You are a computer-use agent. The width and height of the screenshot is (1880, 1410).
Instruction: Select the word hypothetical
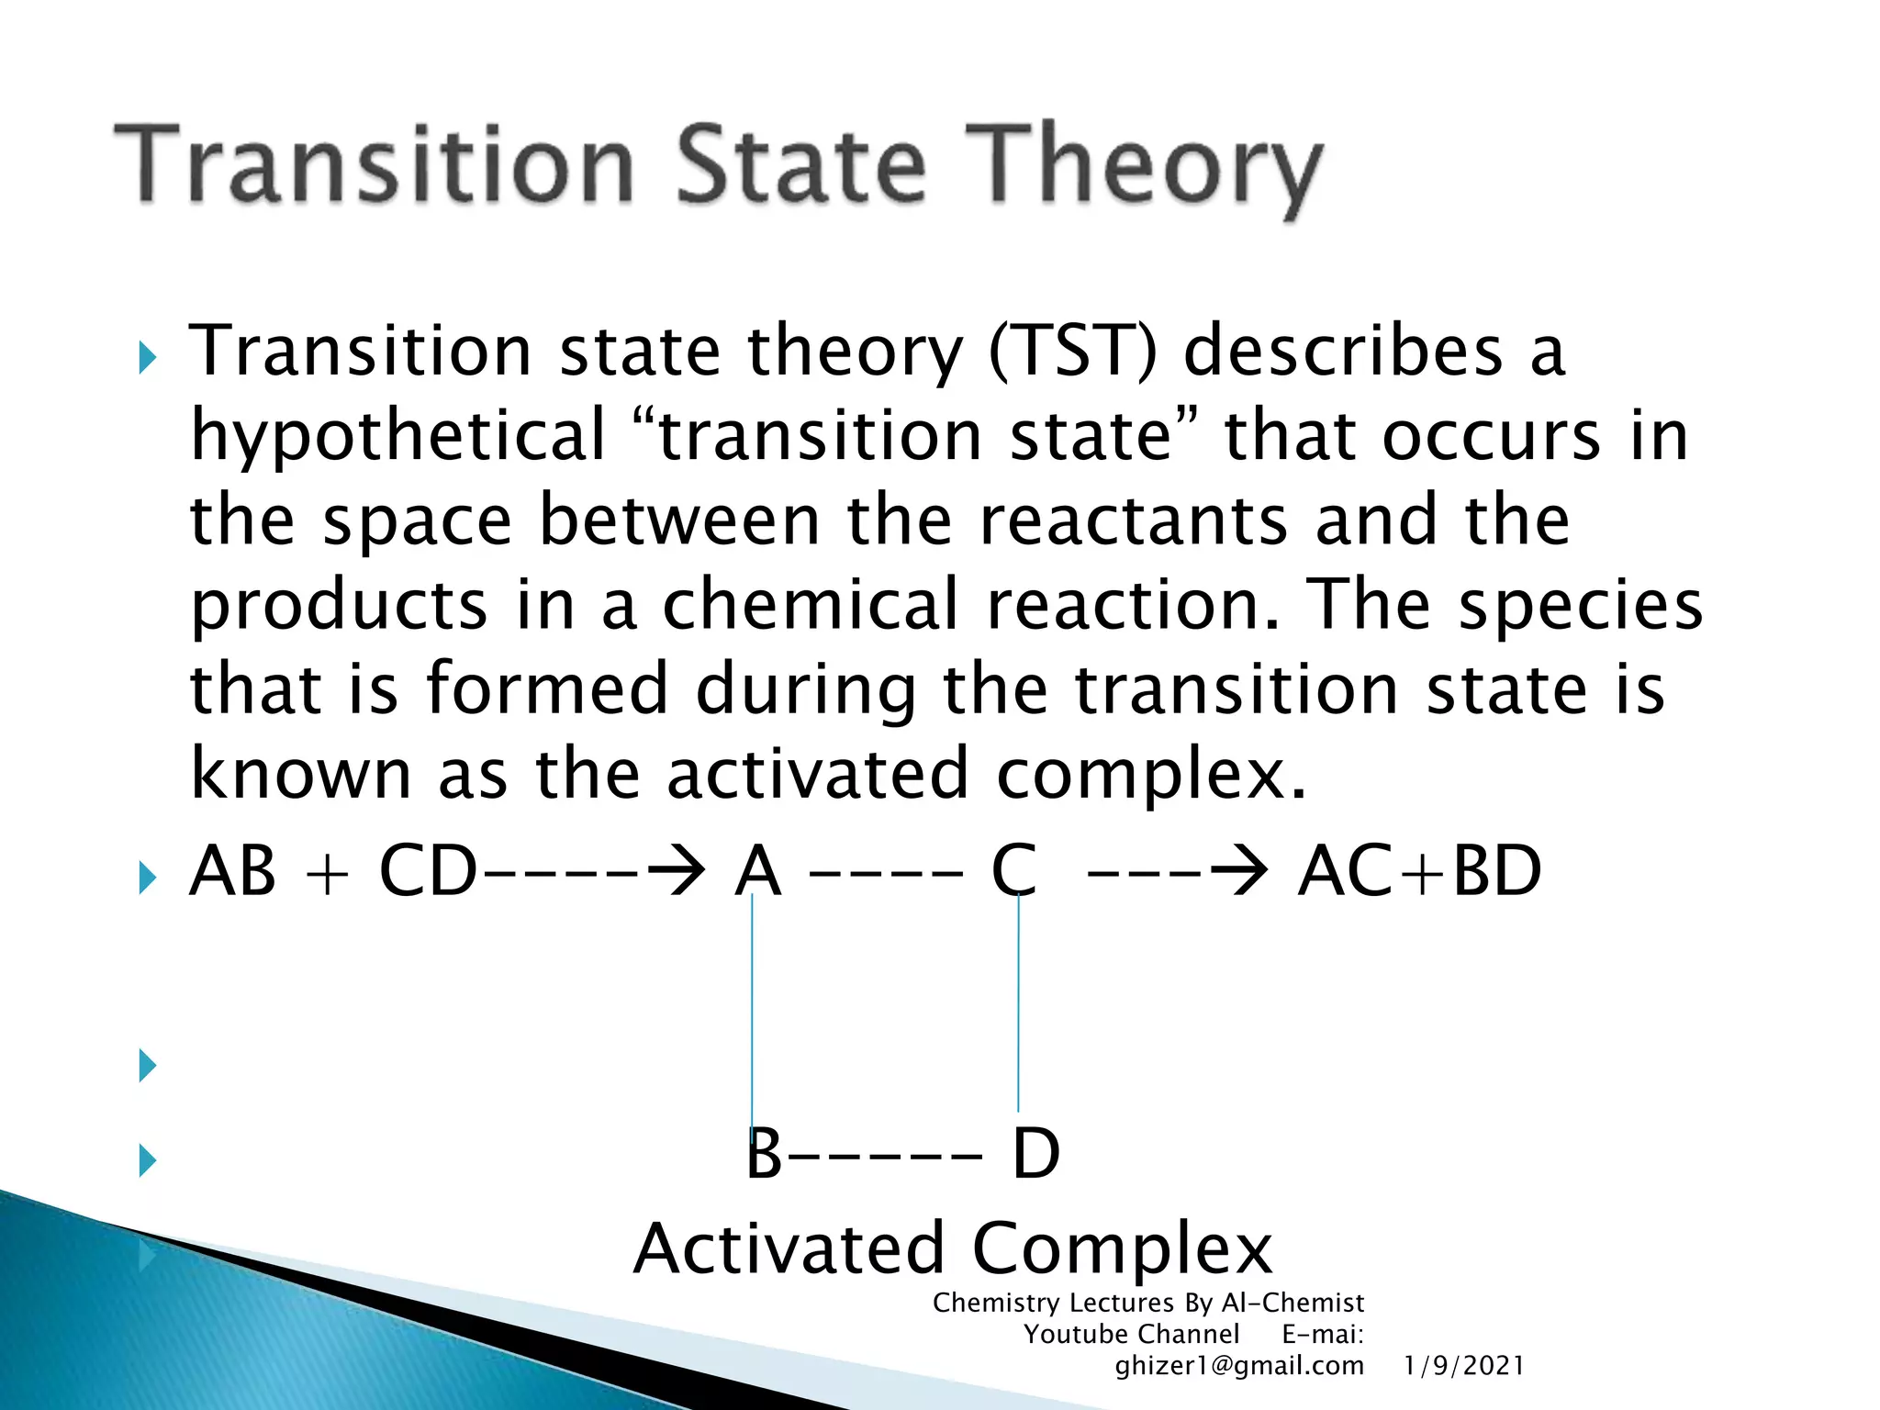397,436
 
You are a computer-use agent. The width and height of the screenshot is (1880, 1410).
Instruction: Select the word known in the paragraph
300,774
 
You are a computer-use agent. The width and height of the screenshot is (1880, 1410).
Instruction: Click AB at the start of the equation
232,871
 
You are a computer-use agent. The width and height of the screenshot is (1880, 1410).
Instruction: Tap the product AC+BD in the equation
1419,871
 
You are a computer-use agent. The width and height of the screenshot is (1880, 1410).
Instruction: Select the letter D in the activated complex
1035,1154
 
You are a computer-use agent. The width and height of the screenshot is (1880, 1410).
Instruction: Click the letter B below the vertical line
764,1154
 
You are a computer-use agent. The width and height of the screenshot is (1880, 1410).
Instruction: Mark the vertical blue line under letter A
753,1010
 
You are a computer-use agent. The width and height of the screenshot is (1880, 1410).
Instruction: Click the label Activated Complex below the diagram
953,1249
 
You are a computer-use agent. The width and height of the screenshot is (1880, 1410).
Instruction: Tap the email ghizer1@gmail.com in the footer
1239,1366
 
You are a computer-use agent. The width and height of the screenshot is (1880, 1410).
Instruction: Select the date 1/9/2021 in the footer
1463,1366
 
